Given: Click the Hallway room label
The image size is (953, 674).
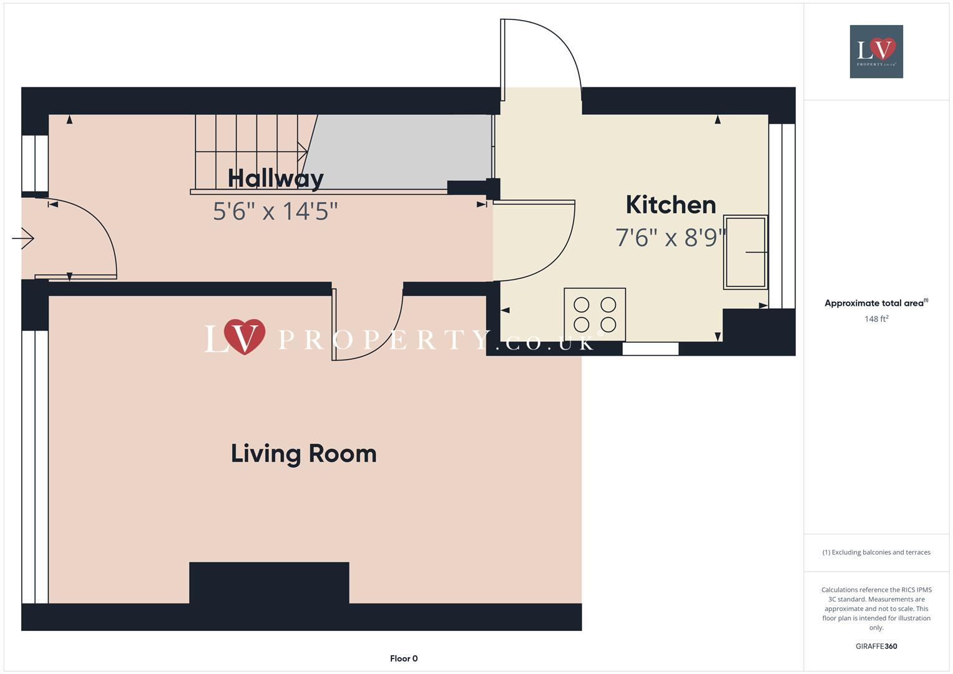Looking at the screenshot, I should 275,178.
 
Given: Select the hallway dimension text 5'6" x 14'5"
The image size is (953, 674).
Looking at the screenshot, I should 275,211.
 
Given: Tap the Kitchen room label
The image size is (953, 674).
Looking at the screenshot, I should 670,205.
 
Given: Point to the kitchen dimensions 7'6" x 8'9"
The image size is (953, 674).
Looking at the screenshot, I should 670,237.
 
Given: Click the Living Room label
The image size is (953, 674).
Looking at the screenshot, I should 303,454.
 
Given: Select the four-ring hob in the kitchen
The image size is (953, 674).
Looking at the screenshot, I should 595,315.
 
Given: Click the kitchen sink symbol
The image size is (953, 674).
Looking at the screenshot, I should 745,252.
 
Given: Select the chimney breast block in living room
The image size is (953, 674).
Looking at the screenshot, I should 269,582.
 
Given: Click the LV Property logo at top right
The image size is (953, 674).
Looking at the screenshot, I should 876,51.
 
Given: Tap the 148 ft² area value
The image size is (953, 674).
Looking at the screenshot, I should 876,319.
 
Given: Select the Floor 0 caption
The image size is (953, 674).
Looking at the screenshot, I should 404,658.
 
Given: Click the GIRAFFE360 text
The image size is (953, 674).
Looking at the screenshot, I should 876,646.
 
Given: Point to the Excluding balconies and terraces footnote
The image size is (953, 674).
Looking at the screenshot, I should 876,552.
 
